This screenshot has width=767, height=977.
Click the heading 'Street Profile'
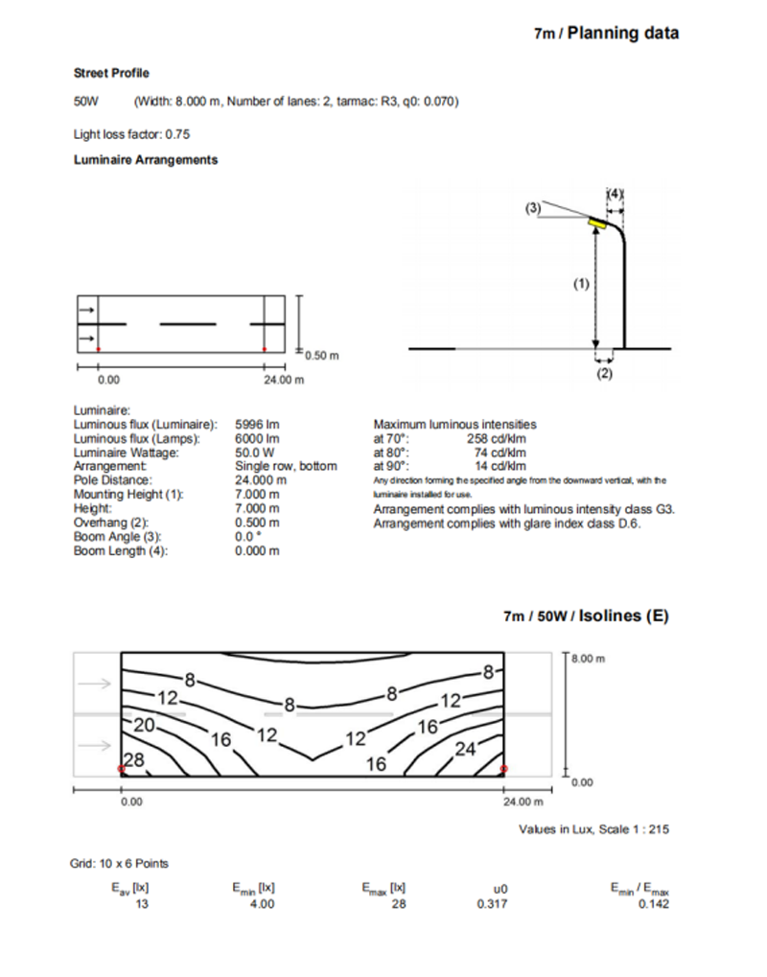coord(111,73)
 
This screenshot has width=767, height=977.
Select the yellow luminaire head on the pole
coord(598,223)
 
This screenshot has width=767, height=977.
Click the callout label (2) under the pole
coord(604,374)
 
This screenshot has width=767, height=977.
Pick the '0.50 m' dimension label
coord(322,356)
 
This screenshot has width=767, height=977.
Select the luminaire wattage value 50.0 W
coord(255,452)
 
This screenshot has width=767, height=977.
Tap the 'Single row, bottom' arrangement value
coord(286,466)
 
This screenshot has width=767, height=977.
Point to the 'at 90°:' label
coord(391,466)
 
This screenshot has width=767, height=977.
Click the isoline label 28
coord(133,759)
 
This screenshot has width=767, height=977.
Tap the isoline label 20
coord(145,725)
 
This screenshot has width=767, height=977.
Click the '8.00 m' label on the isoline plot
coord(589,660)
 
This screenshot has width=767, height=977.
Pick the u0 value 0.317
coord(489,903)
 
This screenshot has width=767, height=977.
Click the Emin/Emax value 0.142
coord(654,903)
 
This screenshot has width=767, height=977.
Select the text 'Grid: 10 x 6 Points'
coord(120,863)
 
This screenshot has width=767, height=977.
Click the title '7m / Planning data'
coord(606,34)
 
